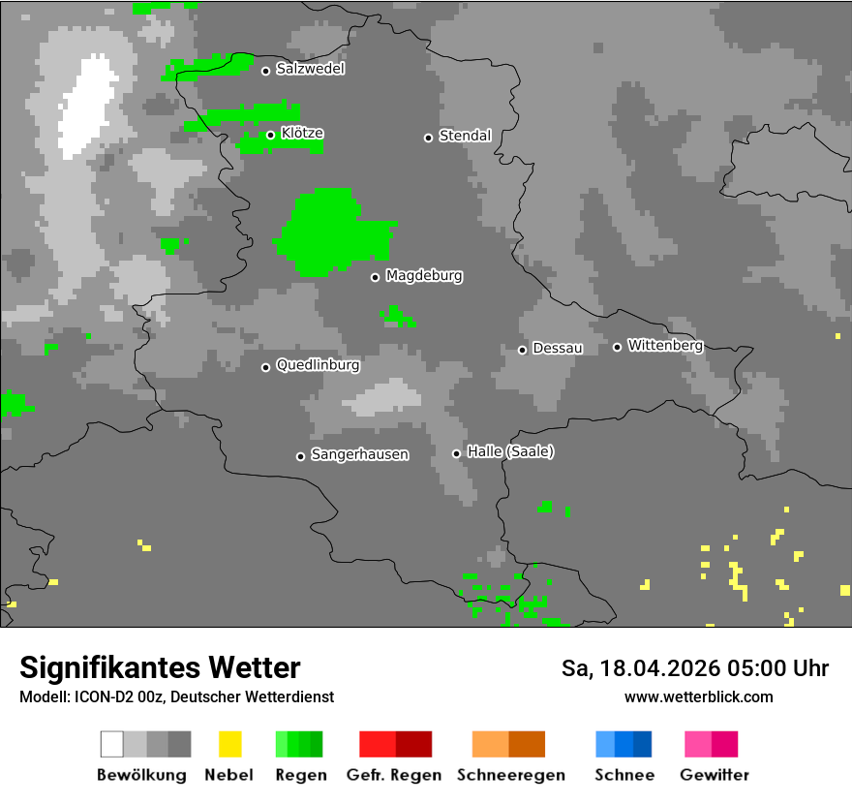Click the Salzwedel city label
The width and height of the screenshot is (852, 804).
310,69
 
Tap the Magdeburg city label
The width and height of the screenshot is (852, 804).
423,276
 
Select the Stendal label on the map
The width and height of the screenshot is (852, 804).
465,136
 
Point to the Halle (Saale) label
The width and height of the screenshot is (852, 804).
510,452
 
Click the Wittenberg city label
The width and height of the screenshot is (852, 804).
665,346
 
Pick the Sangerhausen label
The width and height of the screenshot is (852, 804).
359,454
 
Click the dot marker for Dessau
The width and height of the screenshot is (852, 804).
522,350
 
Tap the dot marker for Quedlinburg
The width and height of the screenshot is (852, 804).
265,367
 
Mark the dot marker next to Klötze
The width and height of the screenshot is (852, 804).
270,135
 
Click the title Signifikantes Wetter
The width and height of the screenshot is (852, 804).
160,667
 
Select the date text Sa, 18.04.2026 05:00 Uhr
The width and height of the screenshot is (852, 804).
694,668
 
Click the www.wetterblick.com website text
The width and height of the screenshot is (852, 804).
698,696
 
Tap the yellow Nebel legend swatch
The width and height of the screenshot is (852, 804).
229,744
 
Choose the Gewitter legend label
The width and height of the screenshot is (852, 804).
714,775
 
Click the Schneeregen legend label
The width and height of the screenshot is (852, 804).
510,775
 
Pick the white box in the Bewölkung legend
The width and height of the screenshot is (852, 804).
111,744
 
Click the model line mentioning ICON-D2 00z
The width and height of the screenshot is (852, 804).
176,696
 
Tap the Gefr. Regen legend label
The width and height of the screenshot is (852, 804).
393,775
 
